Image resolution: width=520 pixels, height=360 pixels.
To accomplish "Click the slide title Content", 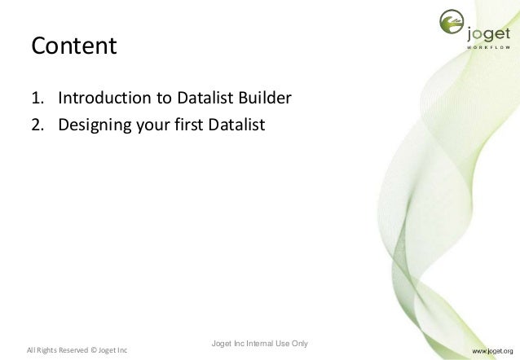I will click(x=74, y=46).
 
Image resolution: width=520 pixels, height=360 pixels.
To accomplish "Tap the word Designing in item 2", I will click(x=94, y=125).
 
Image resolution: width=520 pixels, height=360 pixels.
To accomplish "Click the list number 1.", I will click(x=37, y=100).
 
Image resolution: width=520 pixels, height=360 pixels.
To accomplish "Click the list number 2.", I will click(x=37, y=125).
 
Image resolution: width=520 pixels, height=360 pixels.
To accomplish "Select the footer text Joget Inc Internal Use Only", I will click(x=258, y=343).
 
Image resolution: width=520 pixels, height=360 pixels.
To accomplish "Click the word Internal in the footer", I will click(x=259, y=343).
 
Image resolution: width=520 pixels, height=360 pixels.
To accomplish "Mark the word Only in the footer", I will click(x=297, y=343).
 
